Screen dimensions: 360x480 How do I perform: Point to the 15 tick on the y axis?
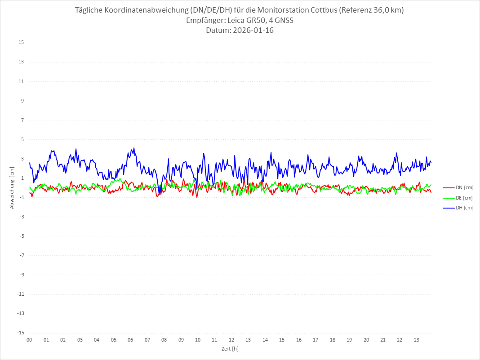point(21,43)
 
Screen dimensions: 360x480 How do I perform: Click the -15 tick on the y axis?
point(20,333)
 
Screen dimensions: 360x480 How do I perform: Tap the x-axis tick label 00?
point(29,340)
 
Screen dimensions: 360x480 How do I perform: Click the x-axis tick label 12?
point(231,340)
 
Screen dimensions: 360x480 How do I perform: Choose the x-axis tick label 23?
point(417,340)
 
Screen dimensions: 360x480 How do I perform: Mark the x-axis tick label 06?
point(130,340)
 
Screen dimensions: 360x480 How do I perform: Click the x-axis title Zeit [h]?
point(230,348)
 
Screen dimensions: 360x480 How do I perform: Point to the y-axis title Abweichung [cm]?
point(12,187)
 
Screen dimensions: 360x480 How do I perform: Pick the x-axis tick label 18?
point(333,340)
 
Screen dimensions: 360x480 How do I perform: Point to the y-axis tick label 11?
point(21,81)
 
